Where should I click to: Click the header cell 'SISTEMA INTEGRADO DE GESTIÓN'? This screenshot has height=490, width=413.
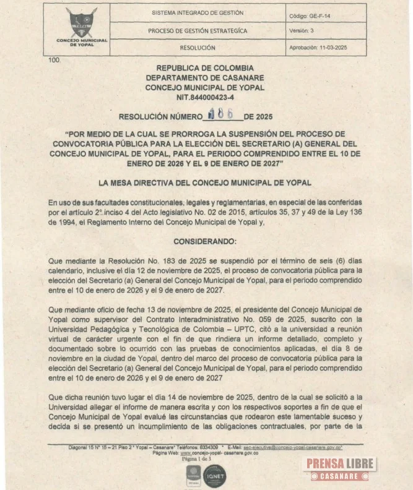coord(198,12)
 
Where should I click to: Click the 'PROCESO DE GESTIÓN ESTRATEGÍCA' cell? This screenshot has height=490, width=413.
coord(198,30)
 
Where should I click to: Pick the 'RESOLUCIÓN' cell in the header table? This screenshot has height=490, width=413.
coord(198,48)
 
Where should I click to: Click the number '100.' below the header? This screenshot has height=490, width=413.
coord(54,61)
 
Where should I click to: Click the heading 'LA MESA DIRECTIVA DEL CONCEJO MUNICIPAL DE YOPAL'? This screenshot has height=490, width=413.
coord(205,183)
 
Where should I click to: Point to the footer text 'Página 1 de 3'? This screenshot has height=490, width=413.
coord(197,458)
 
